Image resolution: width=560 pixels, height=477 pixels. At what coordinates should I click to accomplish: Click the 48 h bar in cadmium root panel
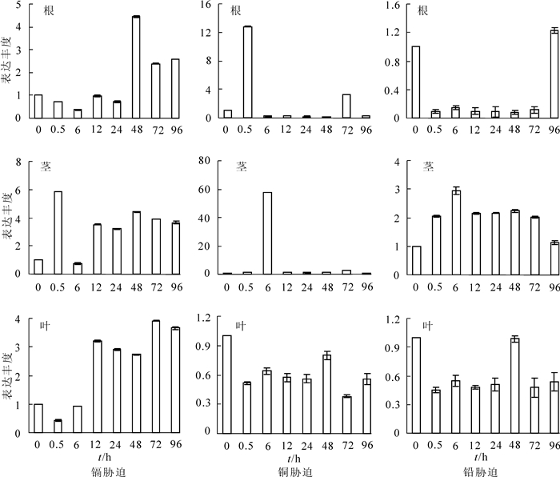pos(135,67)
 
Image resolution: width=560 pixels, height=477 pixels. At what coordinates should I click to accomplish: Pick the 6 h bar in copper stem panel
pos(267,233)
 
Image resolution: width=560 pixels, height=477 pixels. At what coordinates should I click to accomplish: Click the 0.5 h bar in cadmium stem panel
pos(58,233)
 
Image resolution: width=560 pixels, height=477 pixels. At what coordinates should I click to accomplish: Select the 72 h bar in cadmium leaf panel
pos(155,377)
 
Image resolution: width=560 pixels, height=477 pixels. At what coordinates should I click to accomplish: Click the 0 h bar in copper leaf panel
pos(227,384)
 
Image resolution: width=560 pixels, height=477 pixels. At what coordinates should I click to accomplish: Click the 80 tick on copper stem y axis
pos(204,161)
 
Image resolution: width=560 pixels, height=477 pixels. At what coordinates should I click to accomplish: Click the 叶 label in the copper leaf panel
pos(239,327)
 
